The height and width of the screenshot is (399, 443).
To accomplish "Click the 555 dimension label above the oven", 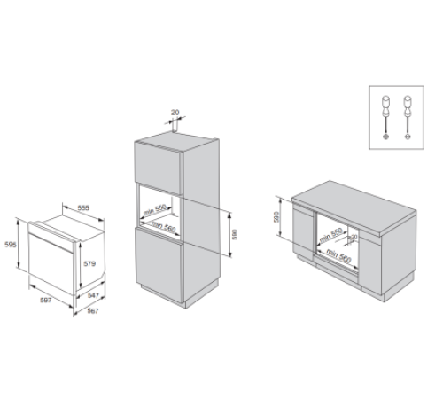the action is coord(83,208).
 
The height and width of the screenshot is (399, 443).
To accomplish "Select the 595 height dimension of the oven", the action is coord(11,245).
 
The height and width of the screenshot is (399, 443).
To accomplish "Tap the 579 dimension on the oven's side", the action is coord(89,263).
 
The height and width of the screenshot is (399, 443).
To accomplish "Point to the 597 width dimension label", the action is coord(46,301).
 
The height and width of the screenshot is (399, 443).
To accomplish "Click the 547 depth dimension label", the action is coord(93,295).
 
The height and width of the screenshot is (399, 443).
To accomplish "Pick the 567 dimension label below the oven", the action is coord(93,311).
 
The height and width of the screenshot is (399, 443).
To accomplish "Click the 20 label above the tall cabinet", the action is coord(175,113).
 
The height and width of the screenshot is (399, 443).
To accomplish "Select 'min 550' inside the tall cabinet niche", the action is coord(155,210).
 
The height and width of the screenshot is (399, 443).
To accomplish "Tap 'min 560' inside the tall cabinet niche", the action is coord(163,226).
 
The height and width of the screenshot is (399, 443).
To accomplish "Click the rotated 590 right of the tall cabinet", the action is coord(235,234).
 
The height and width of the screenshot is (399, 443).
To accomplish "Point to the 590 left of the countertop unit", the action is coord(276,217).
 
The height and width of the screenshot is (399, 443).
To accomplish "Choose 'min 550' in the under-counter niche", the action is coord(330,235).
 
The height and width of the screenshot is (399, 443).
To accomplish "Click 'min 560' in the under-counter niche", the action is coord(338,256).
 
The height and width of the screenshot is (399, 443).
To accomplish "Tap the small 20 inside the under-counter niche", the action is coord(354,237).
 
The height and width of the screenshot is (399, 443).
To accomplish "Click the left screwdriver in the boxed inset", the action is coord(385,117).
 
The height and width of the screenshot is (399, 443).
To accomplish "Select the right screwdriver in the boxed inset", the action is coord(408,117).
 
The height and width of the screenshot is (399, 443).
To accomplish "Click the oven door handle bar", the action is coord(51,243).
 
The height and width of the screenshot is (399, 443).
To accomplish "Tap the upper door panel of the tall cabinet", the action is coord(158,168).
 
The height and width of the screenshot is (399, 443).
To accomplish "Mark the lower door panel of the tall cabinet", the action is coord(159,264).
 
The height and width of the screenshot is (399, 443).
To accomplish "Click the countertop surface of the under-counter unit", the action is coord(354,206).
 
